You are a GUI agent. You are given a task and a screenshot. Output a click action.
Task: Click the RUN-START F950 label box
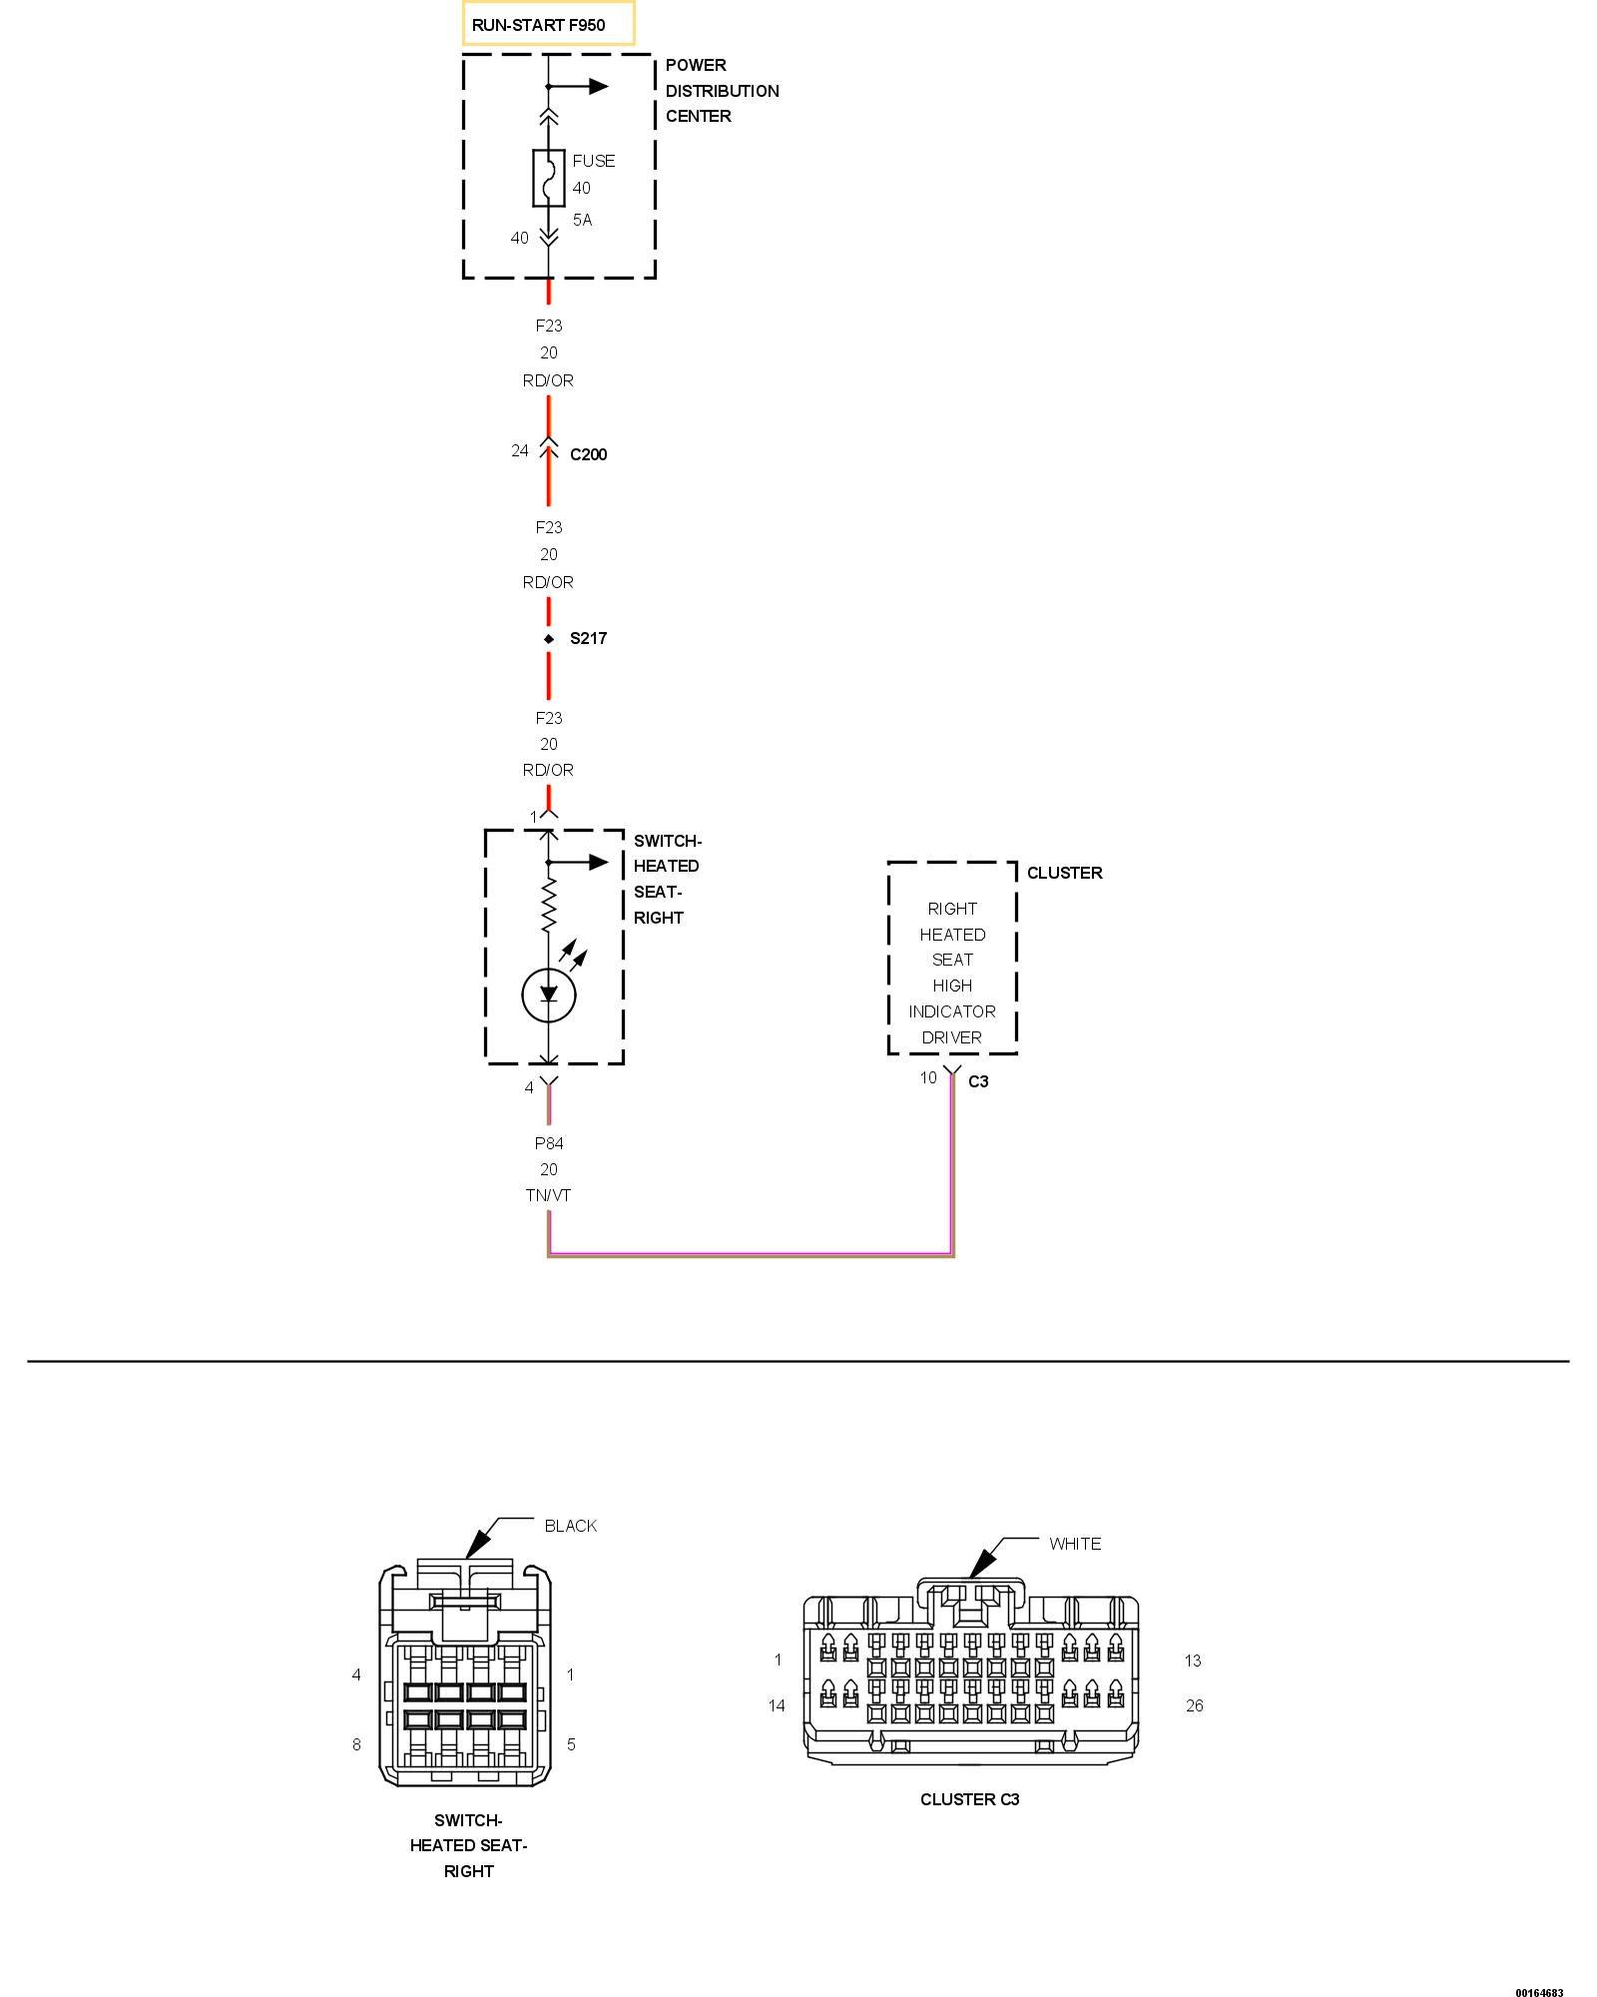[548, 24]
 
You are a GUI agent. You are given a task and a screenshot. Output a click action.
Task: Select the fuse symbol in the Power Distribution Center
[548, 179]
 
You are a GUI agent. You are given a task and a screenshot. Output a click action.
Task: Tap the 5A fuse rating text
[582, 220]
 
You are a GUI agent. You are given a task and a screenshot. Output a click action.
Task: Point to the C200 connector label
[588, 454]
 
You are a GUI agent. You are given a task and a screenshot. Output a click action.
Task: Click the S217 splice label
[588, 638]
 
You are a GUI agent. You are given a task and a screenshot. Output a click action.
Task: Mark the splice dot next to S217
[548, 639]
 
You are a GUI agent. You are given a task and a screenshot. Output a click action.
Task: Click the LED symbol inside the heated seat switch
[548, 994]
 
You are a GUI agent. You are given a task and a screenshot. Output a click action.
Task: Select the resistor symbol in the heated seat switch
[548, 905]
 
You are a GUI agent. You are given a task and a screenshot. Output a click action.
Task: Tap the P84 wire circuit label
[548, 1143]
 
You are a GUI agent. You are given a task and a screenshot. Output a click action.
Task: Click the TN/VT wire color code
[548, 1195]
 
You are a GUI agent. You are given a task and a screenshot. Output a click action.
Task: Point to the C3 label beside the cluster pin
[978, 1081]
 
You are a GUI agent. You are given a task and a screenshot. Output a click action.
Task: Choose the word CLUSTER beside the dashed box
[1064, 873]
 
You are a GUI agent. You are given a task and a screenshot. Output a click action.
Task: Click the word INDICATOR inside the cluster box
[951, 1011]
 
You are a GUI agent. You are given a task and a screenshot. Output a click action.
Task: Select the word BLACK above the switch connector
[570, 1526]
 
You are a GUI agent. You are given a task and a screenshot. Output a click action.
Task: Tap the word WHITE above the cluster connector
[1075, 1544]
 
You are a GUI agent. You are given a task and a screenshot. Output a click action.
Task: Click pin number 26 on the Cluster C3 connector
[1194, 1705]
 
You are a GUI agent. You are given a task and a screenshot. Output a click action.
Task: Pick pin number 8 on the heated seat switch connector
[356, 1744]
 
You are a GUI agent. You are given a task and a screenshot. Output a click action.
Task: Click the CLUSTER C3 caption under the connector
[969, 1799]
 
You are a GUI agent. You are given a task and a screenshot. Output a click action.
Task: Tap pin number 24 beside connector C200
[519, 451]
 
